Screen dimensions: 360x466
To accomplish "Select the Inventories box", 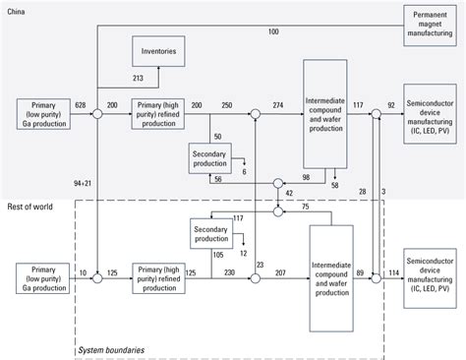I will click(x=158, y=51).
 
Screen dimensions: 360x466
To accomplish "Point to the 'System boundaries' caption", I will click(x=109, y=349).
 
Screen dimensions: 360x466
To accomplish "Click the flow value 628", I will click(x=80, y=104).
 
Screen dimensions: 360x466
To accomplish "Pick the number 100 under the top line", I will click(x=272, y=32).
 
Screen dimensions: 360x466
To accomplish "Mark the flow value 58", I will click(x=335, y=185).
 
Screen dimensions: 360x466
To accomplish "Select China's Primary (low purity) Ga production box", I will click(x=43, y=115).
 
